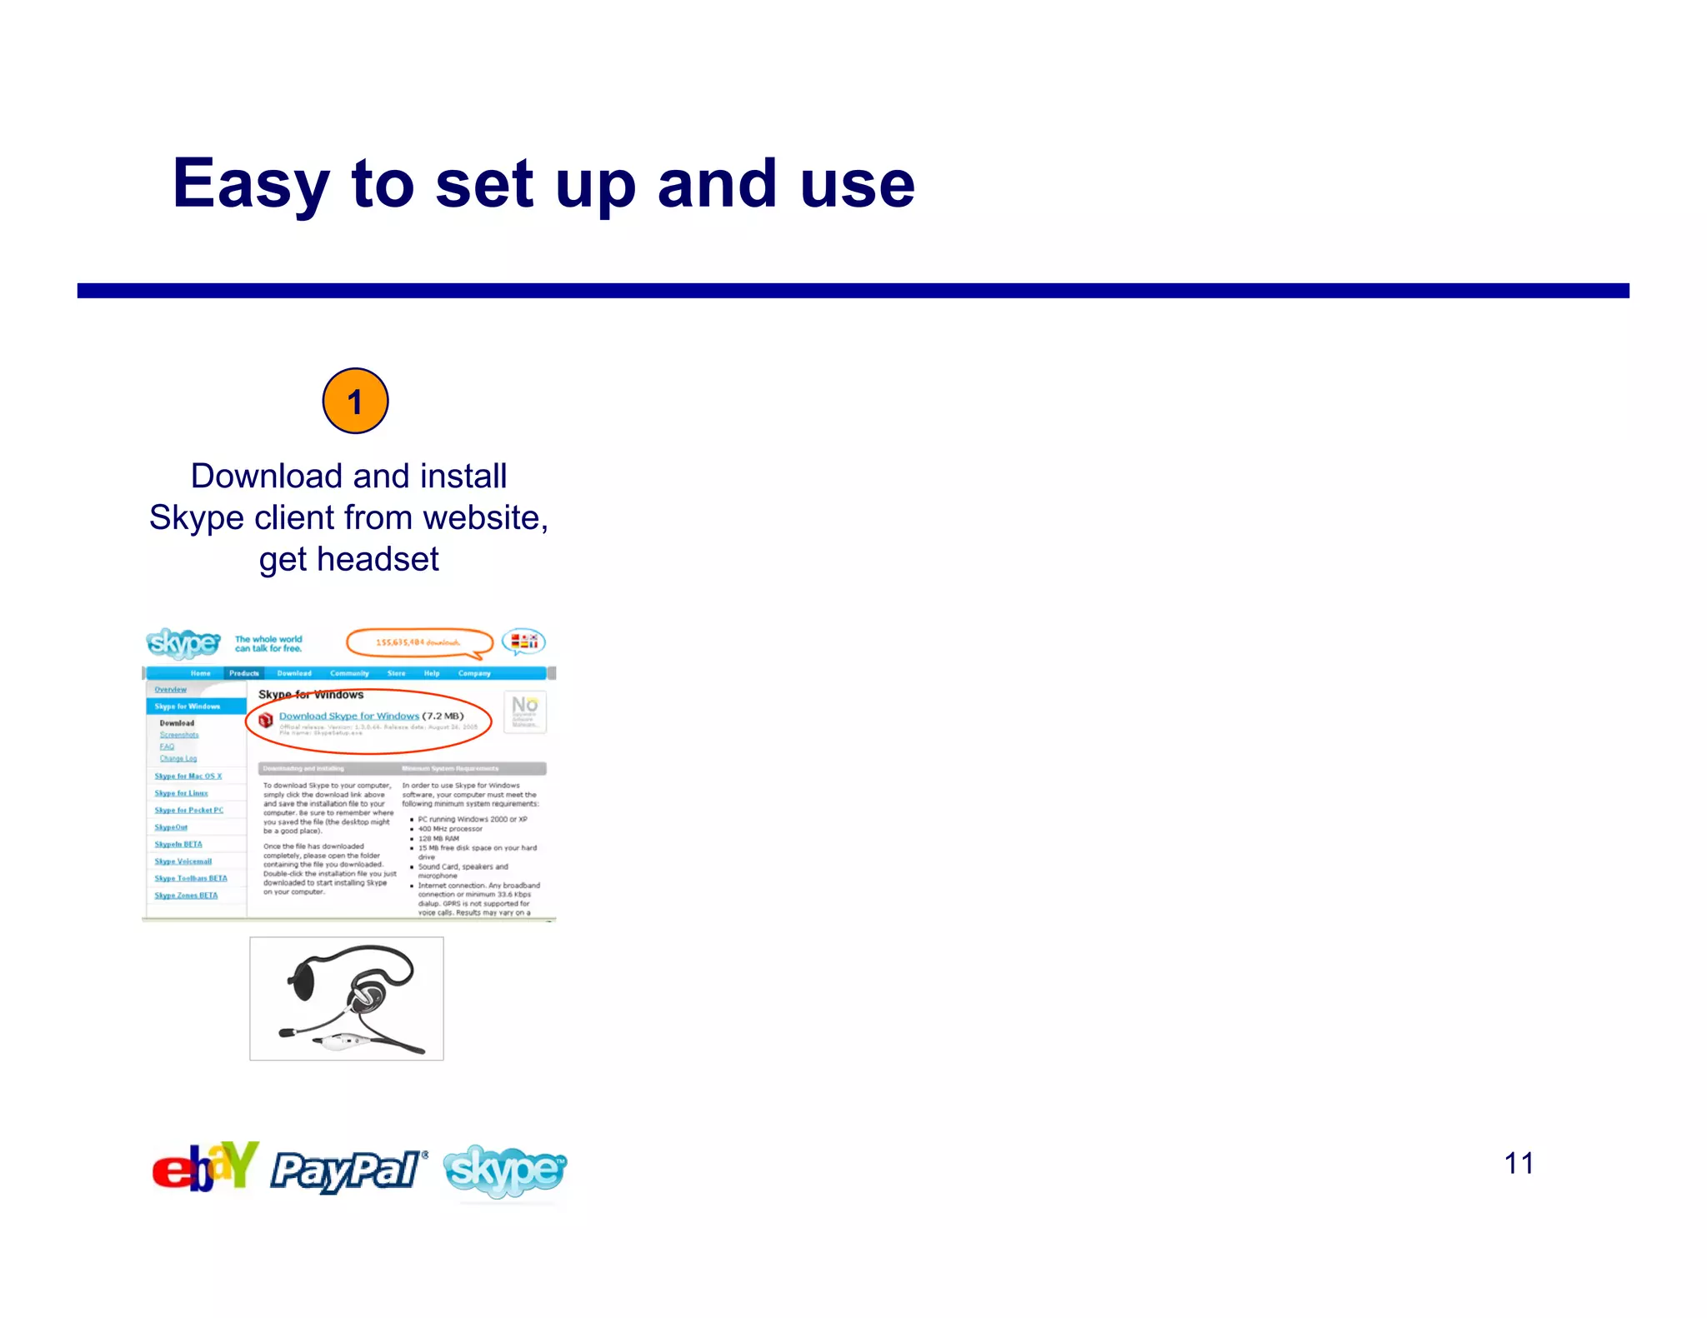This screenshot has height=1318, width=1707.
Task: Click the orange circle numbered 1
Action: point(355,401)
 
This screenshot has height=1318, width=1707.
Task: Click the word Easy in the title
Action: point(250,185)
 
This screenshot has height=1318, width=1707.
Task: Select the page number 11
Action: point(1519,1163)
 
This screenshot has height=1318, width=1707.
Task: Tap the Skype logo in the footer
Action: point(505,1171)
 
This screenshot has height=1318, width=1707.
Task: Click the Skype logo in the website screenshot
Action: point(183,643)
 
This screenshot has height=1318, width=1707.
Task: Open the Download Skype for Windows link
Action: point(348,716)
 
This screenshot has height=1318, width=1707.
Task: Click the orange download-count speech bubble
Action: point(418,642)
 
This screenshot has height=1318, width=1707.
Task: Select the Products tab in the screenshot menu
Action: point(244,673)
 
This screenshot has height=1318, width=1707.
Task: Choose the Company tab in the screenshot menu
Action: point(474,673)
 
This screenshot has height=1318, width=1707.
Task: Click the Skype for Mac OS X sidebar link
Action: point(188,776)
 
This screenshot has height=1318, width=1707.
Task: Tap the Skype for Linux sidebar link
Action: point(181,793)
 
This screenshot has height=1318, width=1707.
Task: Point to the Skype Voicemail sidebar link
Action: point(183,861)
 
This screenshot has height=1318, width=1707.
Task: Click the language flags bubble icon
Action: point(523,642)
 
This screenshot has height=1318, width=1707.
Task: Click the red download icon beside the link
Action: point(266,720)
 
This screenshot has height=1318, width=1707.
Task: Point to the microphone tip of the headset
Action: point(286,1032)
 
